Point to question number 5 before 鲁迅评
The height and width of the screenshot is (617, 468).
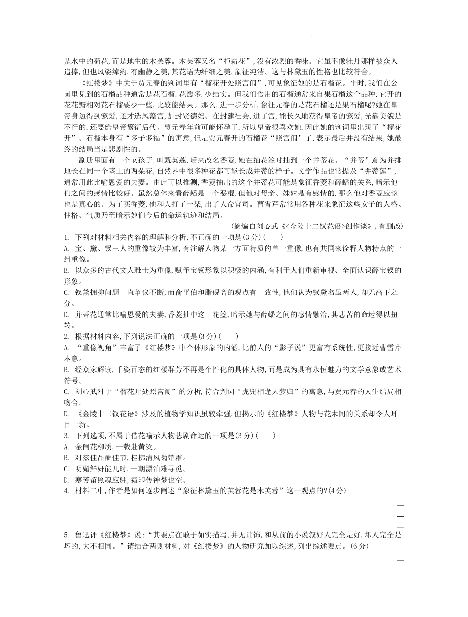(66, 534)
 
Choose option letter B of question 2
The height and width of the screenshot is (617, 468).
(67, 369)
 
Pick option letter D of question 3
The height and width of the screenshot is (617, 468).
(67, 479)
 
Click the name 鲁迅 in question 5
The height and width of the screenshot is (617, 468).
(82, 534)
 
